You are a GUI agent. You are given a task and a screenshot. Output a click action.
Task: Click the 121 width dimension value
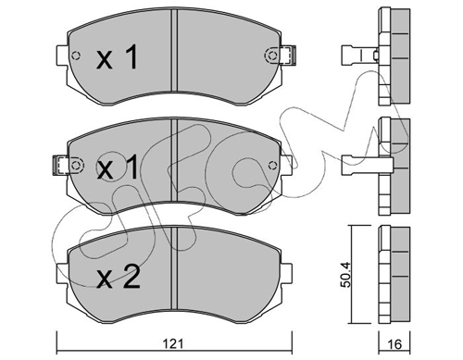(x=174, y=343)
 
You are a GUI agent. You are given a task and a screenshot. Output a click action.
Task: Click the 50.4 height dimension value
(x=345, y=275)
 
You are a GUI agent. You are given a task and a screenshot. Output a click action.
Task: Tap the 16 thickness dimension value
(x=394, y=344)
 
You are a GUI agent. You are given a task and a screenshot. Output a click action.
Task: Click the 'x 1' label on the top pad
(x=117, y=56)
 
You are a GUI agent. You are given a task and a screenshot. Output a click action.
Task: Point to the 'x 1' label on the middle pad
(x=117, y=168)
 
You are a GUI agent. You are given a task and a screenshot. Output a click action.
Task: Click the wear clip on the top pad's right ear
(x=288, y=56)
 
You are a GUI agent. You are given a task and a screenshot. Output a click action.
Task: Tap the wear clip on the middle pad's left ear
(x=61, y=166)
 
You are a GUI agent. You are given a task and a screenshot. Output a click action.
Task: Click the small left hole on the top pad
(x=76, y=56)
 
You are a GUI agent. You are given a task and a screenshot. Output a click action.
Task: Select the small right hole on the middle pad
(x=272, y=166)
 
